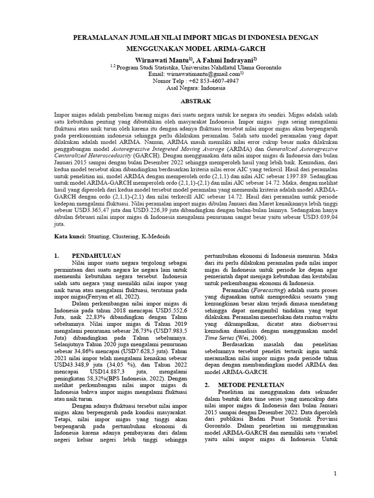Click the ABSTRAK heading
(195, 101)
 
